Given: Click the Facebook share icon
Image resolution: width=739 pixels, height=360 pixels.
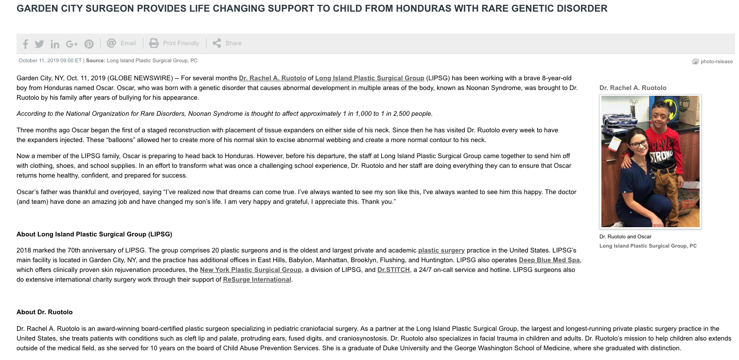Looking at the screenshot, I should (x=25, y=44).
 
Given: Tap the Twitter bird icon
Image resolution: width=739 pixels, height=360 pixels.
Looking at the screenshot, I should (x=39, y=44).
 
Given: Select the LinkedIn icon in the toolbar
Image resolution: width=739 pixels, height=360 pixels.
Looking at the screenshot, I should (x=55, y=44).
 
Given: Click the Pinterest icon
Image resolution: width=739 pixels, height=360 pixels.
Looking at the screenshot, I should (x=89, y=44).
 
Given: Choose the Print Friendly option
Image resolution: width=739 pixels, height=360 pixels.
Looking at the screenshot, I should (x=175, y=43).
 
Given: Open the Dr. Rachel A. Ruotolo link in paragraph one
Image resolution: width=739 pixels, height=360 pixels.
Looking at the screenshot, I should (x=272, y=78).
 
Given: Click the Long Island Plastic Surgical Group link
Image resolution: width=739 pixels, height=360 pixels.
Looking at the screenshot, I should (x=369, y=78).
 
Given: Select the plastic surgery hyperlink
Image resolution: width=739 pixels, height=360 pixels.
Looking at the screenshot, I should (x=441, y=251).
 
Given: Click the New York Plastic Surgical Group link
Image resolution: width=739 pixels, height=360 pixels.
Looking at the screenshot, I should (x=250, y=270).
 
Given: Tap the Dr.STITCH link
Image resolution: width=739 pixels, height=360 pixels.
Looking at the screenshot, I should (x=393, y=270).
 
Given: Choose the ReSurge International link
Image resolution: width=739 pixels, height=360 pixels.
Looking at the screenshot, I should (x=257, y=280).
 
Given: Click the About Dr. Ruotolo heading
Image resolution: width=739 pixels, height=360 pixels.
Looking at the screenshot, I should (x=44, y=312).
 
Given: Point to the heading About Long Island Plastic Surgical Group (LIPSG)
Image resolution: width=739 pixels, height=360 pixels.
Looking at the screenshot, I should (x=94, y=234).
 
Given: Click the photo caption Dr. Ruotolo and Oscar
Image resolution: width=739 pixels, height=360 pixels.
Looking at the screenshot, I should (x=625, y=237).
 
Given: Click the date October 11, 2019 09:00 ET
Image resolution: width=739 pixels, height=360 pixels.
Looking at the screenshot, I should (x=50, y=61).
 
